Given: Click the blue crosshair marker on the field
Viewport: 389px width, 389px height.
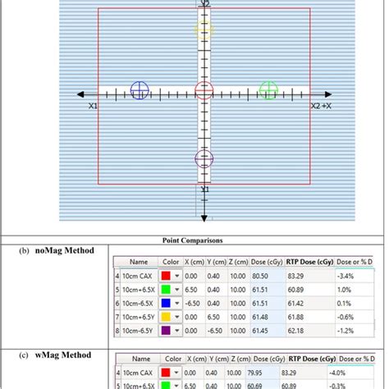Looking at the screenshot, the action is pos(140,90).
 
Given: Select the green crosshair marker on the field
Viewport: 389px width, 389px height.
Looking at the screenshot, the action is pos(268,89).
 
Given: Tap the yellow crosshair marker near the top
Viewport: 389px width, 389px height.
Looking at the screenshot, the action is pos(204,31).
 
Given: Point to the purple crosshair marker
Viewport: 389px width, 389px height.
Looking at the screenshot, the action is pos(204,159).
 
